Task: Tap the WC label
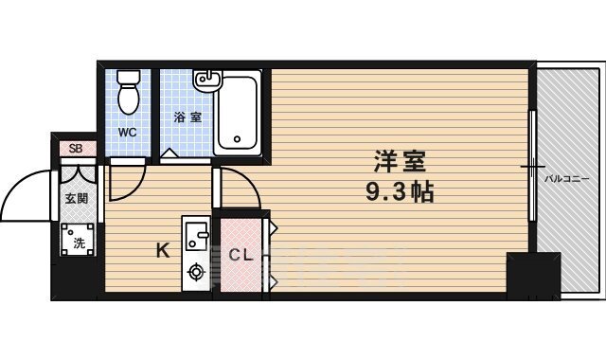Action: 127,133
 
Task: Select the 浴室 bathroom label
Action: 187,117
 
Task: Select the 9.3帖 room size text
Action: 399,192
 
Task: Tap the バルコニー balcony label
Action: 567,177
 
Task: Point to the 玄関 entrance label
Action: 76,199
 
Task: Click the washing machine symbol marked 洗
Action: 79,242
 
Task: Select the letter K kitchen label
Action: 162,251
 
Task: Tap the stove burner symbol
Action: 197,273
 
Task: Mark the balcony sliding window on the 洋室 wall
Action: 532,171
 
